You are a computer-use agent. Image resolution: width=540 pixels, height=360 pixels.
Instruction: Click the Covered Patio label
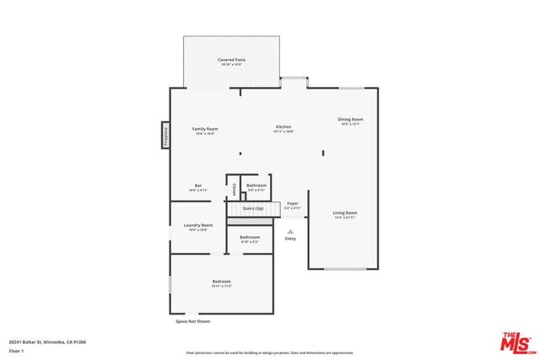coord(231,60)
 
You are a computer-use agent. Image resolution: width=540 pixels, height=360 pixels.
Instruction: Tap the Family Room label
coord(206,129)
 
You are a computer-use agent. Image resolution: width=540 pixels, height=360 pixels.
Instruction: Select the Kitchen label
coord(283,127)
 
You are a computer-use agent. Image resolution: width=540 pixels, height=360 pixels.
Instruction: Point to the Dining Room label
coord(350,120)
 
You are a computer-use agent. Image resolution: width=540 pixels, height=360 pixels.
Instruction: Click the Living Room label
coord(344,213)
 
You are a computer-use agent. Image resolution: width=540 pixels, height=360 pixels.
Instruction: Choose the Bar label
coord(198,185)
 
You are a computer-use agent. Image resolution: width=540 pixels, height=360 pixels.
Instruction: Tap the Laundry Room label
coord(198,226)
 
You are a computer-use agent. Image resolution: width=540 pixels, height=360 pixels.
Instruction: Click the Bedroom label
coord(221,282)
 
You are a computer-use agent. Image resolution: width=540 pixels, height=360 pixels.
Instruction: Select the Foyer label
coord(293,203)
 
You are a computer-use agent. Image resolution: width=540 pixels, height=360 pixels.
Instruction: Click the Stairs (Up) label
coord(253,207)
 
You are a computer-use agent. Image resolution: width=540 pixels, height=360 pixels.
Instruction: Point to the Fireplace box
coord(165,135)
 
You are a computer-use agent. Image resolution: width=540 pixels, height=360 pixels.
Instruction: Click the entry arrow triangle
coord(290,231)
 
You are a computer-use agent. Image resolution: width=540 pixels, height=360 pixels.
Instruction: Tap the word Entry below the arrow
coord(290,239)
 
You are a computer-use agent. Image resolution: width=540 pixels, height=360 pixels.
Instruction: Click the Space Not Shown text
coord(192,321)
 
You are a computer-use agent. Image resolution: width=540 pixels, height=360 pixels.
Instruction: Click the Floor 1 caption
coord(17,350)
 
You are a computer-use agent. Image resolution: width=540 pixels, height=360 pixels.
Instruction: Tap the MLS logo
coord(519,342)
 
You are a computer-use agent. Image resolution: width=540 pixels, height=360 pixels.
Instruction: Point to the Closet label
coord(234,189)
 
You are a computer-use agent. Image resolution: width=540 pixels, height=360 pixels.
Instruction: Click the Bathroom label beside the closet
coord(256,185)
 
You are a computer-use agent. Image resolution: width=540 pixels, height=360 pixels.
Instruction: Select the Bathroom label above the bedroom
coord(250,238)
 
